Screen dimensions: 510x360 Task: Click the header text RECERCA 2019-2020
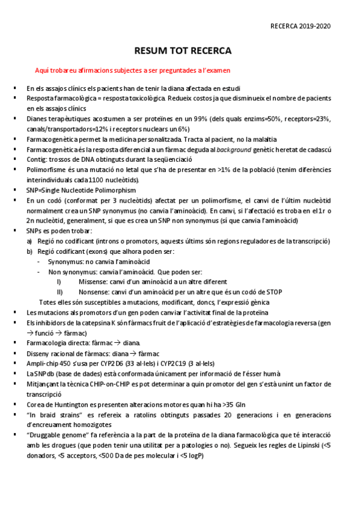point(301,26)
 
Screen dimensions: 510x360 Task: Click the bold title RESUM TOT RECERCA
point(182,51)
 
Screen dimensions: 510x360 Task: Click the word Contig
point(37,159)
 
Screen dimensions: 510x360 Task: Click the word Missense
point(94,281)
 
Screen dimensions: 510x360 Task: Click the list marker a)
point(30,241)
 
